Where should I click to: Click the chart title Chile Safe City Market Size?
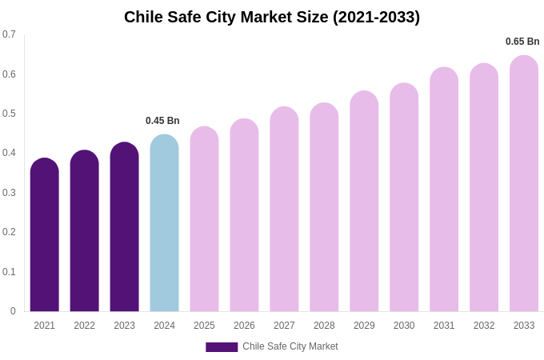click(x=272, y=17)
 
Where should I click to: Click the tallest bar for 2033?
click(x=524, y=183)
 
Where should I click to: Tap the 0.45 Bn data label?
click(x=162, y=121)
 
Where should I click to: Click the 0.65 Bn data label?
click(x=522, y=42)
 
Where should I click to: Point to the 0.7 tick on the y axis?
click(x=9, y=34)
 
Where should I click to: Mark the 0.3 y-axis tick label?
click(x=9, y=193)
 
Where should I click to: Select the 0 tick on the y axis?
click(x=13, y=311)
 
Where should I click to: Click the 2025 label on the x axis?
click(x=204, y=326)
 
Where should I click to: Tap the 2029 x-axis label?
click(x=364, y=326)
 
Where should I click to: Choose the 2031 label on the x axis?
click(x=444, y=326)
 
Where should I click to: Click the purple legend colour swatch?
click(x=222, y=347)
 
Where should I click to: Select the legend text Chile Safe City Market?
click(x=290, y=346)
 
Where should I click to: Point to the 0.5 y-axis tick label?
click(x=9, y=114)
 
